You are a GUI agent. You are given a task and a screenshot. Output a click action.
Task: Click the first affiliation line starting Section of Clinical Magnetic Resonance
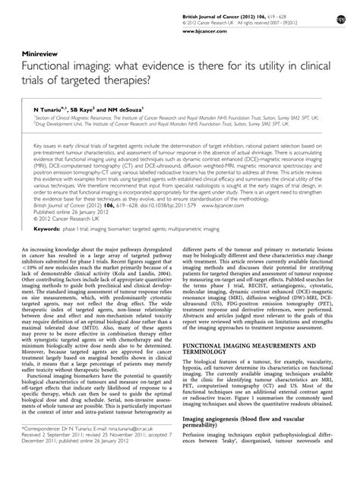152,119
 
